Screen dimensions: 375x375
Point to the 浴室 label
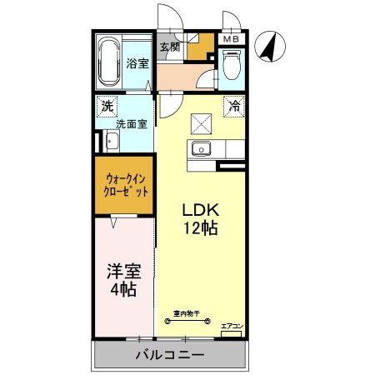[x=137, y=63]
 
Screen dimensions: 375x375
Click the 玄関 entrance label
[x=170, y=46]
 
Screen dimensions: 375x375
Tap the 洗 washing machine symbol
[x=107, y=106]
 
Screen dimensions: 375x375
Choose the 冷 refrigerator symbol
[x=234, y=106]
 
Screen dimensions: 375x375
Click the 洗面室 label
[x=131, y=124]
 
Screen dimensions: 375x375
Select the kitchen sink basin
[x=202, y=150]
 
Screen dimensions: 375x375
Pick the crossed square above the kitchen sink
[x=202, y=124]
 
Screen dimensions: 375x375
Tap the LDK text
[x=199, y=210]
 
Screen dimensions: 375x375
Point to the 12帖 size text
[x=200, y=227]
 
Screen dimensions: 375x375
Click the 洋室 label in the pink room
[x=122, y=272]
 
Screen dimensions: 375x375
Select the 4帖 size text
[x=122, y=291]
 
